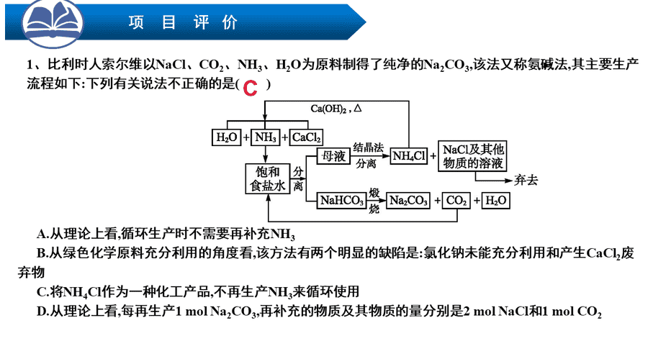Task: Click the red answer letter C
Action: tap(251, 88)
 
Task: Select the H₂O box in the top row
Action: tap(227, 137)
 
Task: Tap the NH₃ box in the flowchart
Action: tap(265, 137)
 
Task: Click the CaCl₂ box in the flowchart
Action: tap(306, 137)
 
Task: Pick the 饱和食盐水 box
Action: tap(267, 178)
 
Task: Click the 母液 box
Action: tap(333, 156)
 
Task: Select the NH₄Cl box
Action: tap(409, 156)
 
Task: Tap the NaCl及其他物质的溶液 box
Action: tap(472, 156)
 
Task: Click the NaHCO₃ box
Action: tap(341, 201)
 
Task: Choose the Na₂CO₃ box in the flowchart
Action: tap(408, 201)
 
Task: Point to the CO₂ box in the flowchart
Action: tap(456, 201)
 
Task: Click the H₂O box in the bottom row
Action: tap(495, 201)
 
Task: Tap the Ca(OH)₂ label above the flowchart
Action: tap(329, 109)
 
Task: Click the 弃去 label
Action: tap(526, 181)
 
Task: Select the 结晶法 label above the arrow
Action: tap(368, 147)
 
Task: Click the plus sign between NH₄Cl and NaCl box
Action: tap(433, 156)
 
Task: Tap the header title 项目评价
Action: tap(183, 22)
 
